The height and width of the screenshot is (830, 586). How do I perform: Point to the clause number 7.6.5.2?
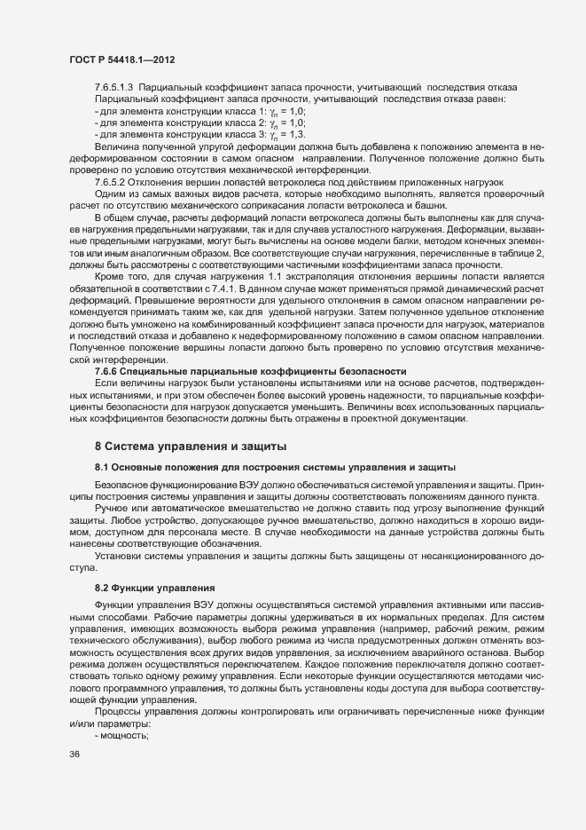[x=112, y=182]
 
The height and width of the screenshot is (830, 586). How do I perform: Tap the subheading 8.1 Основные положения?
[x=276, y=467]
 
